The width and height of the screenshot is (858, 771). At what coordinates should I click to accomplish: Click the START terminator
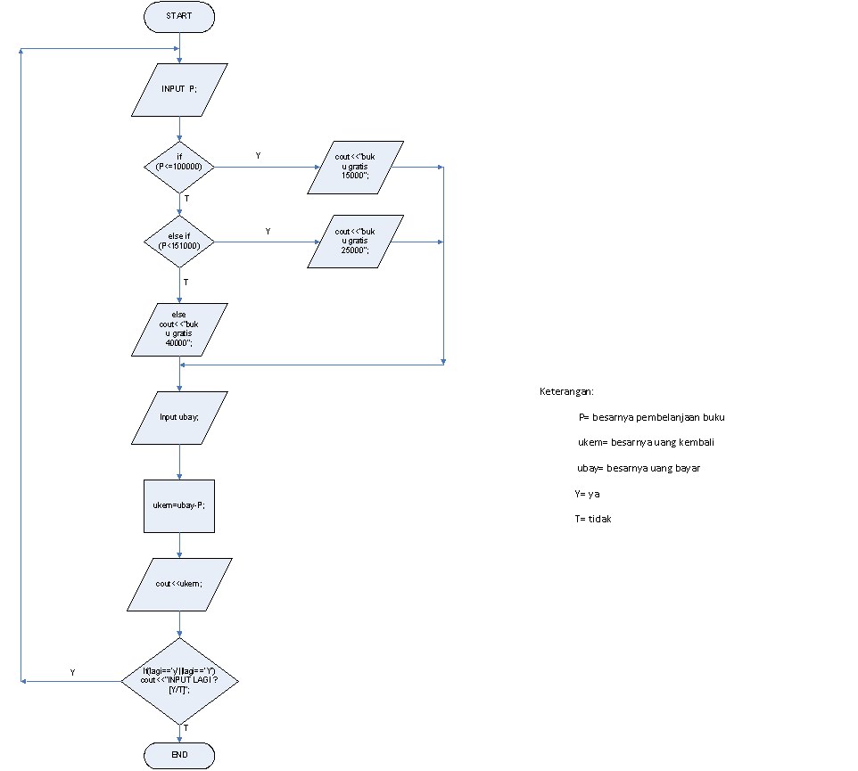(x=179, y=16)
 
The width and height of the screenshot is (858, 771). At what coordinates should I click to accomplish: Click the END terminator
(x=179, y=756)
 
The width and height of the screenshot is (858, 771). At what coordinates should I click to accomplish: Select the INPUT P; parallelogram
(x=179, y=89)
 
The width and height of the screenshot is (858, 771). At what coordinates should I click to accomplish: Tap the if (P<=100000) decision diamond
(x=179, y=167)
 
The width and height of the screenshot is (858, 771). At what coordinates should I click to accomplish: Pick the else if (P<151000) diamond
(x=179, y=242)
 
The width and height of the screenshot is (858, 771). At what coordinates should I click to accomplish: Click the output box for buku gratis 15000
(x=356, y=167)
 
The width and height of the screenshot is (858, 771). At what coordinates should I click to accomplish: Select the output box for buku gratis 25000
(x=356, y=242)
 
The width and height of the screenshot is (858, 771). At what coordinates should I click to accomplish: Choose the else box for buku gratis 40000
(x=179, y=330)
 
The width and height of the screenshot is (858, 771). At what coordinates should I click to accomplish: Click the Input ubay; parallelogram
(x=179, y=417)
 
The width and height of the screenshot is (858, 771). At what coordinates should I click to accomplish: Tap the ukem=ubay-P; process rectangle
(x=179, y=505)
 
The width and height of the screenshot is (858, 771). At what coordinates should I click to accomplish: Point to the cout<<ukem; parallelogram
(x=179, y=584)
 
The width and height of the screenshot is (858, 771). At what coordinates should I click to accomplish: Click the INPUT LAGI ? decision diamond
(x=179, y=681)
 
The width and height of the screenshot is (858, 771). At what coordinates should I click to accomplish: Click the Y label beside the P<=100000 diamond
(x=259, y=156)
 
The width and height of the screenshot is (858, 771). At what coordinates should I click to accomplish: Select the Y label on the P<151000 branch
(x=268, y=231)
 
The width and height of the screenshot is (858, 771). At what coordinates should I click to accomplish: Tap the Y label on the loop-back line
(x=72, y=673)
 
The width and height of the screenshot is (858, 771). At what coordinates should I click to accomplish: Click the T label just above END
(x=186, y=728)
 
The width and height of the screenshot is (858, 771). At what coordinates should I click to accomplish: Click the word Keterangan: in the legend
(x=567, y=392)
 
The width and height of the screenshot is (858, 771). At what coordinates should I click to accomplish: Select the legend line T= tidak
(x=593, y=519)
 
